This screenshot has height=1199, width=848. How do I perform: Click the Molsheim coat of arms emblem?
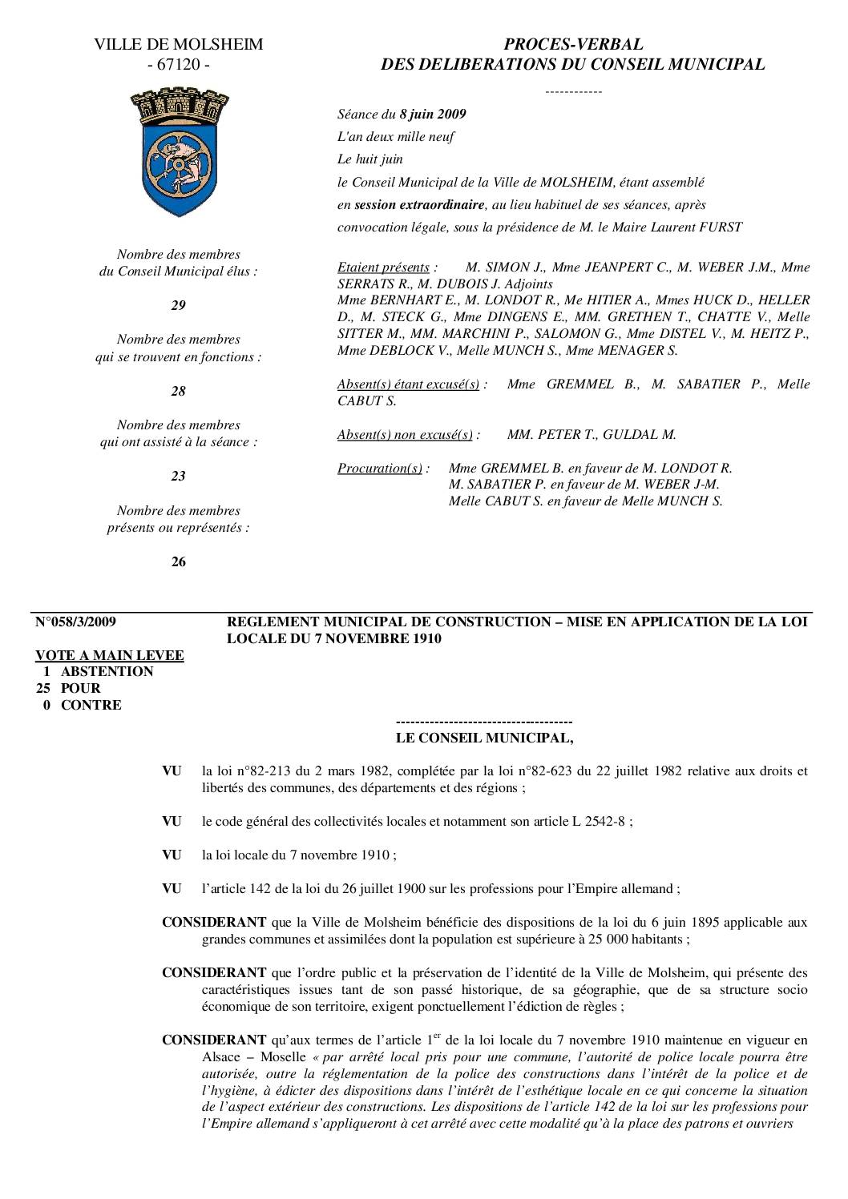click(x=178, y=152)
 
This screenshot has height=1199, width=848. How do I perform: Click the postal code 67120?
click(x=178, y=65)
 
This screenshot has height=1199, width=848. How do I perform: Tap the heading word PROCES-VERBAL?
click(x=572, y=45)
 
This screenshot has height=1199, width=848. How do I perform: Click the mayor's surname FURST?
click(x=721, y=227)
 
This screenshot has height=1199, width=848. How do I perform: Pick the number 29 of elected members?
click(x=178, y=306)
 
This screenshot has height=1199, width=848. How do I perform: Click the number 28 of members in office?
click(x=178, y=391)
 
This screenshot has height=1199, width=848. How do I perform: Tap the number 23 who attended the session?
click(x=178, y=476)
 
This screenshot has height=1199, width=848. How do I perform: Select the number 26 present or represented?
click(x=178, y=561)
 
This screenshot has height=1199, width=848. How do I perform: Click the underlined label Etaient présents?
click(x=383, y=268)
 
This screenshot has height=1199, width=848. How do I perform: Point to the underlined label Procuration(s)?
click(x=379, y=469)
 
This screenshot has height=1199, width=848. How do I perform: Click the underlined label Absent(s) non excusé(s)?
click(x=405, y=435)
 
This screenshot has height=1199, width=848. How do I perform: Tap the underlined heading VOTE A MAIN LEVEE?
click(x=110, y=655)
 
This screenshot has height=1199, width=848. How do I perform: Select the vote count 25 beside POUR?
click(x=44, y=688)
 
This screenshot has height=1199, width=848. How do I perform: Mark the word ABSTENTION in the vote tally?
click(x=107, y=672)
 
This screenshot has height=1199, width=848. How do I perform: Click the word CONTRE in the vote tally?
click(x=91, y=705)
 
